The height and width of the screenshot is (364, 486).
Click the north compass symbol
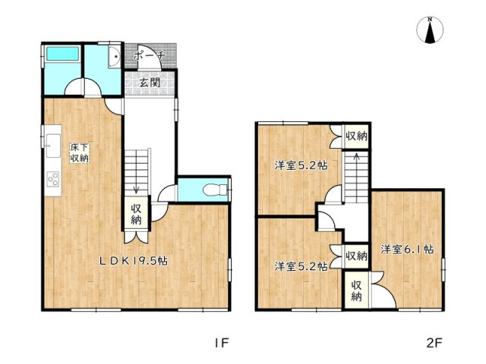(429, 30)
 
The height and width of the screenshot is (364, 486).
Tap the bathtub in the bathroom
(62, 54)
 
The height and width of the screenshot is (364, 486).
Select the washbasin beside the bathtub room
(114, 57)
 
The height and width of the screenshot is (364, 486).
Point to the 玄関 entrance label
(150, 83)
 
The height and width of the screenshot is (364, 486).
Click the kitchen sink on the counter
(53, 145)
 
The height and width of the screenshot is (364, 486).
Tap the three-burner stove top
(53, 179)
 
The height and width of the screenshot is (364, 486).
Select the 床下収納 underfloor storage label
(79, 153)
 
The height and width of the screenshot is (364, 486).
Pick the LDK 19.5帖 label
(134, 261)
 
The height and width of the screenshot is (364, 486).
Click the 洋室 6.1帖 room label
(407, 249)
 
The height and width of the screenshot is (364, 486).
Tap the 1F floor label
(222, 343)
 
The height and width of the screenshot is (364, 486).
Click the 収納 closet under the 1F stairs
(136, 214)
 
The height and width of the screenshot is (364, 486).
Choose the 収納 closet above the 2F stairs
(356, 136)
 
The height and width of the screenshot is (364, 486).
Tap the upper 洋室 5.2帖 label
(301, 165)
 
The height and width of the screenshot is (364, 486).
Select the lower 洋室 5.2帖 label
(301, 266)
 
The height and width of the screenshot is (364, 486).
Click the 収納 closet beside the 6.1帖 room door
(356, 290)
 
